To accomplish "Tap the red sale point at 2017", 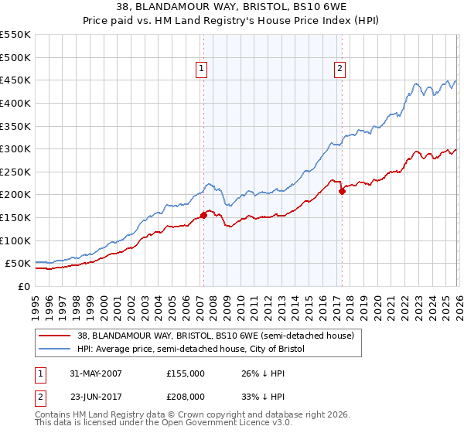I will pyautogui.click(x=342, y=191).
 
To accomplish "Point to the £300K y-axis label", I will pyautogui.click(x=15, y=148).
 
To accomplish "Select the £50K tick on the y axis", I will pyautogui.click(x=19, y=264).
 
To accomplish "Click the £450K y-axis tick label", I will pyautogui.click(x=15, y=80).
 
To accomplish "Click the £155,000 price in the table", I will pyautogui.click(x=186, y=373).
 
